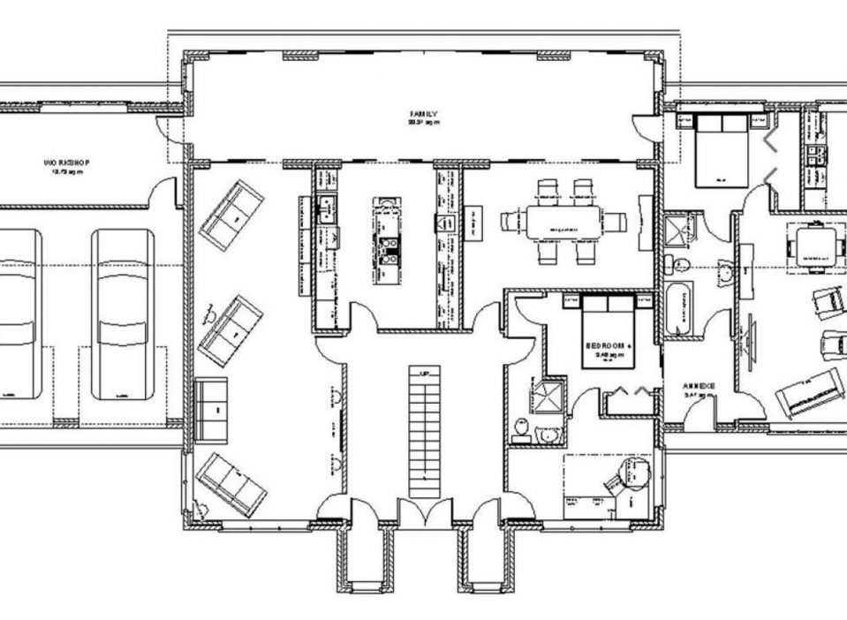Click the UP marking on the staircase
tap(425, 373)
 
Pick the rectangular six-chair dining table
tap(563, 221)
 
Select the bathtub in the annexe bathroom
tap(679, 306)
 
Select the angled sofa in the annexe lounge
tap(810, 393)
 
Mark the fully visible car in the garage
tap(123, 314)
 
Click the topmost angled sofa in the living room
tap(231, 215)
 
